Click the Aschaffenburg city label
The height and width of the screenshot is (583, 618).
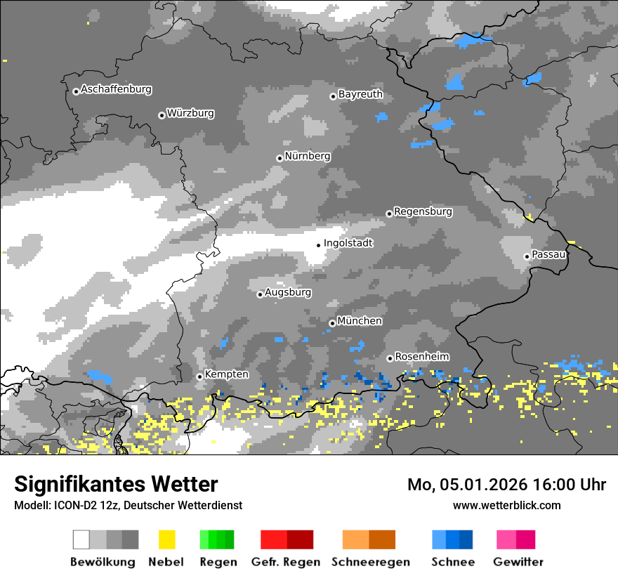(x=116, y=90)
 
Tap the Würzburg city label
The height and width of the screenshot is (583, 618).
(x=190, y=114)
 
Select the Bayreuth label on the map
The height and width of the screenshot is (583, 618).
(x=360, y=94)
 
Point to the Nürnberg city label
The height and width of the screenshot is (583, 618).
(x=307, y=157)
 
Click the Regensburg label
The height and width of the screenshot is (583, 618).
(x=423, y=211)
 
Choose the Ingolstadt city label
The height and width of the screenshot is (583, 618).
(x=348, y=244)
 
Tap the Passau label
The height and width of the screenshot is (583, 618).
(x=549, y=254)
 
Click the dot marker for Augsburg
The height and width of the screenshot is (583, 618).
(x=260, y=294)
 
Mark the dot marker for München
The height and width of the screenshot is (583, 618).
(x=332, y=323)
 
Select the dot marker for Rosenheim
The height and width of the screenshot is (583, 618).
(x=390, y=358)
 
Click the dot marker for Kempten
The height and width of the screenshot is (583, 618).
(x=199, y=376)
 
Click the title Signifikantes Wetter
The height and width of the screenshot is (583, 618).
(x=116, y=485)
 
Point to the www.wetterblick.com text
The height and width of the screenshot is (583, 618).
(x=506, y=505)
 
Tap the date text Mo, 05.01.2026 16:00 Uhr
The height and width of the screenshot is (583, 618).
(x=506, y=485)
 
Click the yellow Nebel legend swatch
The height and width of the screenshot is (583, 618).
(x=166, y=539)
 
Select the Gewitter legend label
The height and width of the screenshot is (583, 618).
(x=518, y=562)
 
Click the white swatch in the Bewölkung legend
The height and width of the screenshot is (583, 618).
(x=81, y=539)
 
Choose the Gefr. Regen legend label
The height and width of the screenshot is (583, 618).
(x=286, y=562)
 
